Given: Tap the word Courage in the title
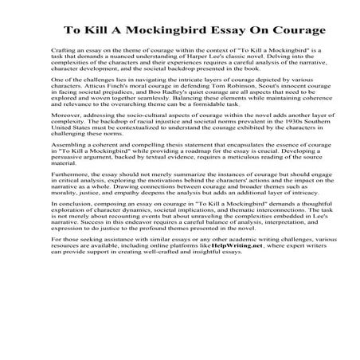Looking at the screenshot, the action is pos(295,31).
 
